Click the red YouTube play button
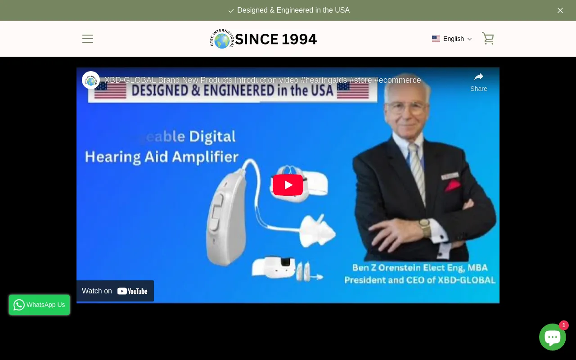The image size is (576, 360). (288, 185)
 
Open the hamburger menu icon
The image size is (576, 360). (88, 39)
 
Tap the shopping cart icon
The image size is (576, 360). (488, 38)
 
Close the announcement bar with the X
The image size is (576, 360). (560, 10)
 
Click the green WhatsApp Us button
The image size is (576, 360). (40, 305)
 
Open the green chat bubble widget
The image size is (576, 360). (552, 337)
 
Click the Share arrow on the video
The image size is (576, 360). (479, 77)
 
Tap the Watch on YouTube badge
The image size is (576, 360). (115, 291)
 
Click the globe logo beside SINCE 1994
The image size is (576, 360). (222, 40)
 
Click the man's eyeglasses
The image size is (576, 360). (406, 107)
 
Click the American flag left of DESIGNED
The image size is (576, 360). (111, 90)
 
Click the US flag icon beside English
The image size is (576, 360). (436, 39)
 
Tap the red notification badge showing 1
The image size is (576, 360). (563, 325)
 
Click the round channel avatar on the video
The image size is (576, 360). (91, 80)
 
